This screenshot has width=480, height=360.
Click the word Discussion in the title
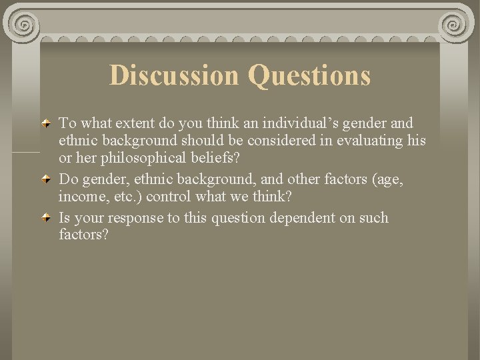174,75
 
